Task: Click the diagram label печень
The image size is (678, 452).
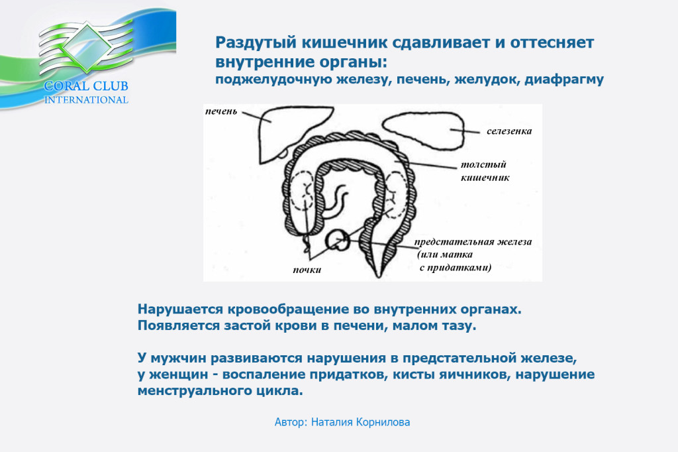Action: pyautogui.click(x=221, y=112)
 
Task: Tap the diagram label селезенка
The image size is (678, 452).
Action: pyautogui.click(x=509, y=131)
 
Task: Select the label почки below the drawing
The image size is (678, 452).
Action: pyautogui.click(x=307, y=270)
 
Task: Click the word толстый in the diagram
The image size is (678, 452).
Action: pyautogui.click(x=483, y=164)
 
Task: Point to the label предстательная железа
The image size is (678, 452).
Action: pyautogui.click(x=473, y=242)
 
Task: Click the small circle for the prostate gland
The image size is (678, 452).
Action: pyautogui.click(x=337, y=241)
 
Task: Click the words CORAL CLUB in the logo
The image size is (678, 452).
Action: pyautogui.click(x=86, y=85)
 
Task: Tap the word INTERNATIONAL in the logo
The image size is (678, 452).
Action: pyautogui.click(x=86, y=99)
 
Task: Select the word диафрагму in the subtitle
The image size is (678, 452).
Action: pyautogui.click(x=564, y=80)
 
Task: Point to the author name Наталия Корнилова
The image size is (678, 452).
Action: pyautogui.click(x=361, y=422)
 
